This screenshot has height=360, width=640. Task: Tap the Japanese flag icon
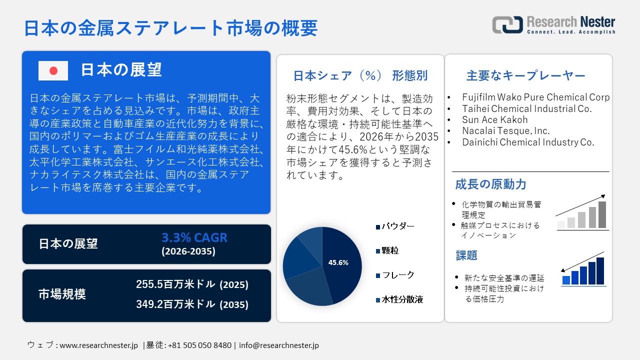(x=53, y=70)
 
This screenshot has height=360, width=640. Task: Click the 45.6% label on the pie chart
(x=338, y=262)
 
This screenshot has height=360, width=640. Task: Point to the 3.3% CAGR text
(x=194, y=237)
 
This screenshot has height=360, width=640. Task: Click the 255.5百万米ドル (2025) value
(x=192, y=284)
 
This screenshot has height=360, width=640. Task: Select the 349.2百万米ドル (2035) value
(x=192, y=304)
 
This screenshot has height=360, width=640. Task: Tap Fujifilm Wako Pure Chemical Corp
(x=535, y=97)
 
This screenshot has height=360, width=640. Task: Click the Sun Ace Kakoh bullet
(x=494, y=120)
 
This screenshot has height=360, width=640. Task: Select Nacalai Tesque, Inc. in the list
(x=505, y=131)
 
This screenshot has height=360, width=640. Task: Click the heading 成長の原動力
(x=490, y=184)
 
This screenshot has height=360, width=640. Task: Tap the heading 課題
(x=466, y=255)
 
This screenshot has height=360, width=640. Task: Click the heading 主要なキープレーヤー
(x=525, y=76)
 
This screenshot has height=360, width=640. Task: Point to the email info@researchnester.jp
(x=278, y=345)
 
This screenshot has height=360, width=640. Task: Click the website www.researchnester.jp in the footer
(x=98, y=345)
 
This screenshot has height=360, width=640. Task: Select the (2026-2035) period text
(x=188, y=251)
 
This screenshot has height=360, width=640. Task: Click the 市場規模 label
(x=62, y=294)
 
